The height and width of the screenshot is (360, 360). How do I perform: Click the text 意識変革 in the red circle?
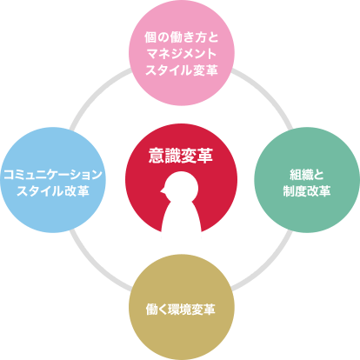[181, 156]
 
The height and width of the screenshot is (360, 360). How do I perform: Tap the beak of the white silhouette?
[163, 190]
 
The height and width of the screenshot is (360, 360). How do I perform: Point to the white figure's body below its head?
[181, 219]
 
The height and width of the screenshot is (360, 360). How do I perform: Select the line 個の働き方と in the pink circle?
[181, 37]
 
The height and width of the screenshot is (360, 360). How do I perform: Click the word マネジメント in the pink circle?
[181, 54]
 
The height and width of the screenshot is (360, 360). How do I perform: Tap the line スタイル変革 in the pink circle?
[181, 70]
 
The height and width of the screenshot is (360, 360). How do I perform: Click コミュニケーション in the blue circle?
[53, 175]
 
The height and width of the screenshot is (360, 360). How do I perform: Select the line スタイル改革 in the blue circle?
[53, 191]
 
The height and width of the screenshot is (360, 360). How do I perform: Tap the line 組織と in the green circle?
[307, 175]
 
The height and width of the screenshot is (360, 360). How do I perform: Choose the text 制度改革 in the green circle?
[307, 191]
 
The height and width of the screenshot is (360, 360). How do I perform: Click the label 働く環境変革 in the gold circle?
[181, 310]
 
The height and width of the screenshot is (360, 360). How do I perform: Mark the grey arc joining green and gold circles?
[267, 266]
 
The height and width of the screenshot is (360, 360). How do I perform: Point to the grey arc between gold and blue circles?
[95, 266]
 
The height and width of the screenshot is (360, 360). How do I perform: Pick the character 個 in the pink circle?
[150, 37]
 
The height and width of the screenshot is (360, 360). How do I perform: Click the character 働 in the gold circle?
[151, 310]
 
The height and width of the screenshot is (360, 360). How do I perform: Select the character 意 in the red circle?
[157, 156]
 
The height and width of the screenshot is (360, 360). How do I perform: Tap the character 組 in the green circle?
[296, 175]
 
